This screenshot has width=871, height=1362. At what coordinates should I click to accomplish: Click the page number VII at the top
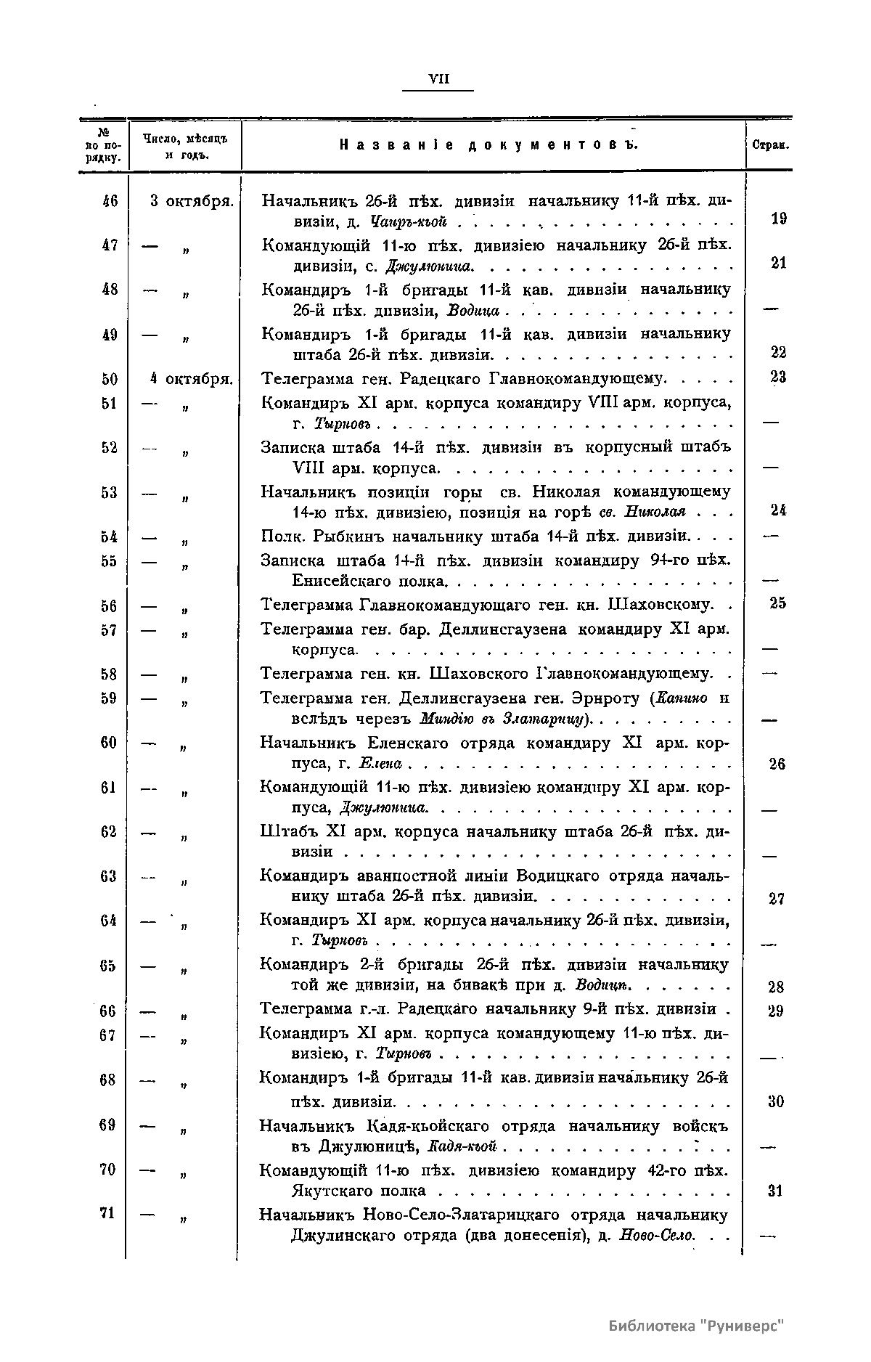[439, 80]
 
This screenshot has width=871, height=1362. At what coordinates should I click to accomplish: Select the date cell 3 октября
[191, 201]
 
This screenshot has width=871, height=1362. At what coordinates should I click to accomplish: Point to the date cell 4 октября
[191, 378]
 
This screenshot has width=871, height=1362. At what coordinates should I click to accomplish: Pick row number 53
[110, 493]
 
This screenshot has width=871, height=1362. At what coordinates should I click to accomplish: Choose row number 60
[110, 743]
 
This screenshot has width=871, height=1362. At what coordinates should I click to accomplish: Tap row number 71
[108, 1212]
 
